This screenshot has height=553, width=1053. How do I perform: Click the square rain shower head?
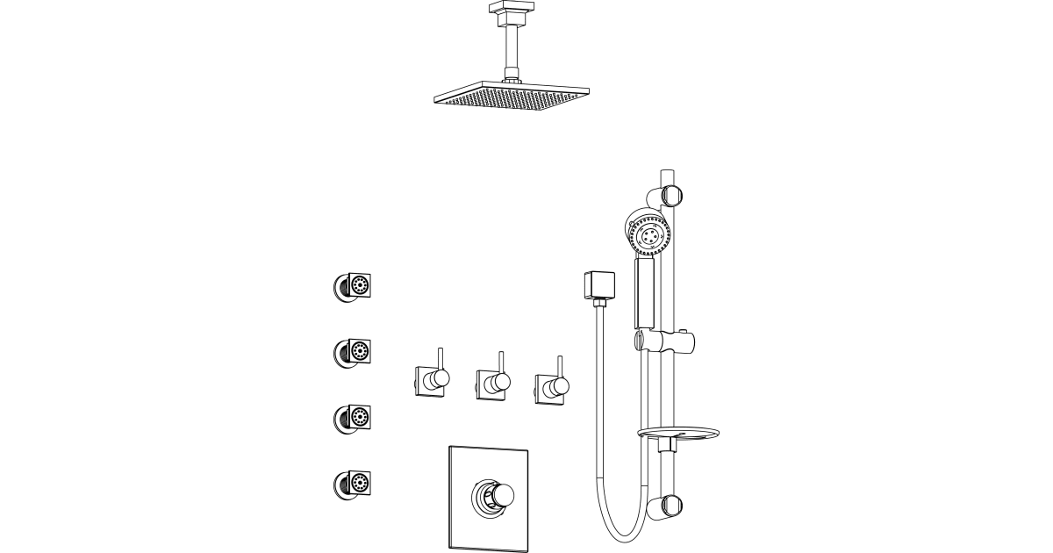pyautogui.click(x=511, y=96)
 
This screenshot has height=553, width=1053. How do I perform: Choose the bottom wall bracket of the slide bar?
pyautogui.click(x=670, y=506)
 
